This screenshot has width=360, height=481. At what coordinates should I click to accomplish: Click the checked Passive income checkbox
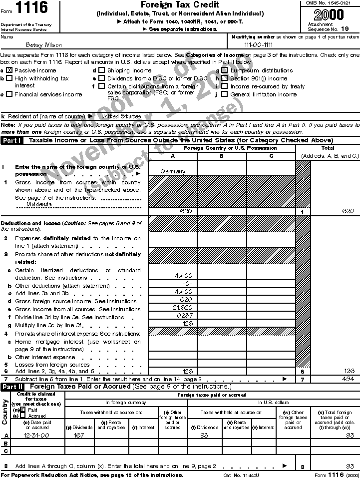(8, 70)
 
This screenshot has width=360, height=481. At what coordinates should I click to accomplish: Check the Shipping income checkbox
(101, 70)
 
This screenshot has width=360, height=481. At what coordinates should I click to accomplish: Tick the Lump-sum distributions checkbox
(224, 70)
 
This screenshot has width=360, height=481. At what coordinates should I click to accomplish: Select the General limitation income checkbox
(224, 94)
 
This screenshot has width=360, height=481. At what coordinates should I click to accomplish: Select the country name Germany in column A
(173, 171)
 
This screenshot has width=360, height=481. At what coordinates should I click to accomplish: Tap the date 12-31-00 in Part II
(35, 436)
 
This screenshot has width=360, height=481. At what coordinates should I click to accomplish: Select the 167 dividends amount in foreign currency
(79, 436)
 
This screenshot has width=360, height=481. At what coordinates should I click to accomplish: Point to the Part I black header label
(12, 141)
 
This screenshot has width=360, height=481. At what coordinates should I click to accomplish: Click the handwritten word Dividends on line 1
(38, 204)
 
